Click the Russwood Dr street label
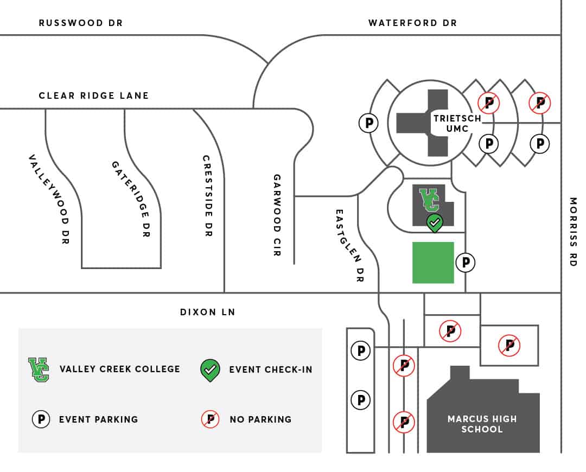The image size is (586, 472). click(x=81, y=23)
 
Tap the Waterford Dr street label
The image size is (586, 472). click(x=412, y=23)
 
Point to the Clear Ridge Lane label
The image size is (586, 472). click(x=94, y=95)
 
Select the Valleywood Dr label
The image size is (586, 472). click(x=50, y=199)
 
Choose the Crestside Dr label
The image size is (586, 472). click(x=207, y=196)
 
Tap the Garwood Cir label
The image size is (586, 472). click(x=277, y=215)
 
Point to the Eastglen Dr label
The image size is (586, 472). click(x=349, y=245)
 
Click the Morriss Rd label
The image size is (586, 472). click(x=573, y=232)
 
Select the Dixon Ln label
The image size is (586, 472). click(x=208, y=312)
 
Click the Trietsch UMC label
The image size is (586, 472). click(x=457, y=123)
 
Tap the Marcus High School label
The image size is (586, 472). click(x=482, y=424)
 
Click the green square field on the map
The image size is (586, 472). click(x=433, y=263)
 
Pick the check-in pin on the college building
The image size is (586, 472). click(x=435, y=224)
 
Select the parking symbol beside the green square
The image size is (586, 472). click(x=466, y=263)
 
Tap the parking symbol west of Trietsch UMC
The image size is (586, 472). click(x=368, y=123)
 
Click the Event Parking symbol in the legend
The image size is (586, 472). click(x=41, y=419)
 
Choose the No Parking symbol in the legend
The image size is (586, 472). click(x=211, y=419)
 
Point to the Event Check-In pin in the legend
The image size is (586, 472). click(x=210, y=371)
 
